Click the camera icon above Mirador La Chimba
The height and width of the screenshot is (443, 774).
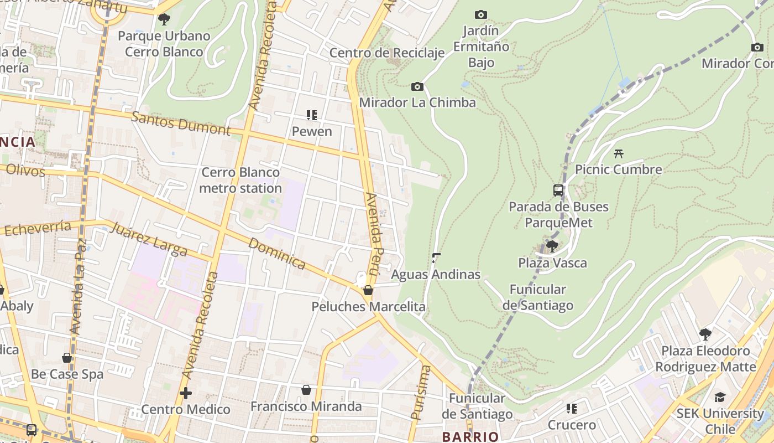[x=417, y=86]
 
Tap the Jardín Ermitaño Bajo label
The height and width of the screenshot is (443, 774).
[x=481, y=47]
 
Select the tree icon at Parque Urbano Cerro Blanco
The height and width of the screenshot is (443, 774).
[x=164, y=19]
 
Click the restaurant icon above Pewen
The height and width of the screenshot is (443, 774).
[x=312, y=115]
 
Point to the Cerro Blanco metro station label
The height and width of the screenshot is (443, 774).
[x=240, y=180]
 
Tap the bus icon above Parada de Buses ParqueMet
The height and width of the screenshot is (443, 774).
[x=558, y=190]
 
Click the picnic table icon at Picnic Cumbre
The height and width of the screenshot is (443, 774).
[x=619, y=153]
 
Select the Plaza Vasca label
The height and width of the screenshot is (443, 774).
[x=552, y=262]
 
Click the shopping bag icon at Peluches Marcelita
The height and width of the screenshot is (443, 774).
[x=368, y=290]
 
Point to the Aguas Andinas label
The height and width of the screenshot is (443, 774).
[x=436, y=274]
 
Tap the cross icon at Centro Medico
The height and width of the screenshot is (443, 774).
[x=186, y=393]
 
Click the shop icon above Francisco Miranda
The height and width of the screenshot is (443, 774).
[x=306, y=390]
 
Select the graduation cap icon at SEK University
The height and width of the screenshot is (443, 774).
[x=720, y=397]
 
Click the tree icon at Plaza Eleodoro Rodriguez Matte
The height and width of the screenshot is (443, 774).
[x=705, y=334]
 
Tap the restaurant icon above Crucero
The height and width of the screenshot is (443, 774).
[x=572, y=409]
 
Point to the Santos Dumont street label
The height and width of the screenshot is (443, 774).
[x=181, y=123]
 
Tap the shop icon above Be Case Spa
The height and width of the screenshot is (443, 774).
[x=67, y=358]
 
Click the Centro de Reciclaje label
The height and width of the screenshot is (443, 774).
[x=387, y=53]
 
